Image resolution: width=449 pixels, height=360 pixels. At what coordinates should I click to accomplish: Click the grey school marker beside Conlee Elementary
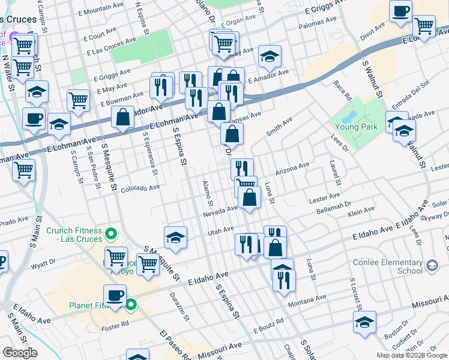coord(432,265)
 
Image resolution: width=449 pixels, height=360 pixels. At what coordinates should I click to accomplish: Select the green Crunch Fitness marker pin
coord(110,233)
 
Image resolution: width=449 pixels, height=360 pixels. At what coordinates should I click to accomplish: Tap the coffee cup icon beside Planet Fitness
coord(115,295)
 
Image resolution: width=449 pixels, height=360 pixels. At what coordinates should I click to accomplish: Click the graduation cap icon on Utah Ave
coord(175,238)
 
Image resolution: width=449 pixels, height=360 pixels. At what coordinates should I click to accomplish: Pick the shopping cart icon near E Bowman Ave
coord(78,101)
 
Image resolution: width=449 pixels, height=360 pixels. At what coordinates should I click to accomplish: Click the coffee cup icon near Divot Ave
coord(400,11)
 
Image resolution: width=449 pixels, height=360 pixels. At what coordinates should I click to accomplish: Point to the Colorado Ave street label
coord(140,188)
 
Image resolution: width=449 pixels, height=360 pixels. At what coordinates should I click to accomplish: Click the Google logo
coord(20,353)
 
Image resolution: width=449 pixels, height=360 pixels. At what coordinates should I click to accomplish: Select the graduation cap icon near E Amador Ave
coord(270,57)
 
